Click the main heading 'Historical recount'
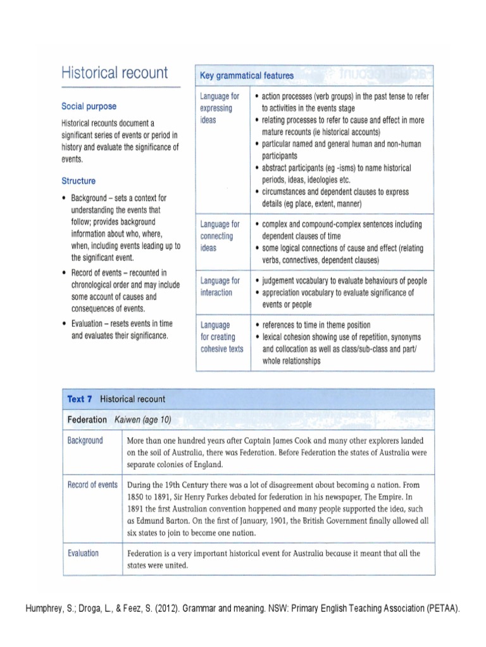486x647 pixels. pyautogui.click(x=115, y=73)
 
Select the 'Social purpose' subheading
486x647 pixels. pyautogui.click(x=89, y=106)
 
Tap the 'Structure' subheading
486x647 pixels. pyautogui.click(x=78, y=180)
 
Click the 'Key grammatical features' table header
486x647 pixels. pyautogui.click(x=247, y=76)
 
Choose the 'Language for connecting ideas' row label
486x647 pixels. pyautogui.click(x=219, y=236)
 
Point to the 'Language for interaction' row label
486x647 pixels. pyautogui.click(x=219, y=286)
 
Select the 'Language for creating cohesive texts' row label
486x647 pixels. pyautogui.click(x=221, y=337)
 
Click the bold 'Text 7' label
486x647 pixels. pyautogui.click(x=80, y=399)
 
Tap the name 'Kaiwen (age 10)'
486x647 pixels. pyautogui.click(x=143, y=420)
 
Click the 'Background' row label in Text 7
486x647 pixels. pyautogui.click(x=85, y=440)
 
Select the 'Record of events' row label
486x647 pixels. pyautogui.click(x=92, y=485)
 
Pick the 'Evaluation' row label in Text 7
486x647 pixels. pyautogui.click(x=83, y=553)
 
